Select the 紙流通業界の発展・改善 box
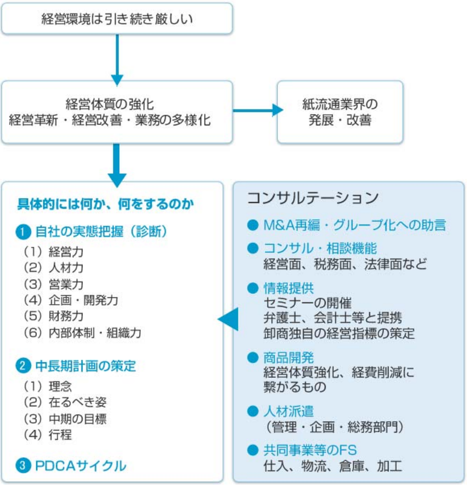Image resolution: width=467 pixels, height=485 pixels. (x=340, y=112)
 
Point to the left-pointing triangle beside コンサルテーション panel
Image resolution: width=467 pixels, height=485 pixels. (x=228, y=319)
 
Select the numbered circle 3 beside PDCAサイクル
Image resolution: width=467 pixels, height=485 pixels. (x=24, y=465)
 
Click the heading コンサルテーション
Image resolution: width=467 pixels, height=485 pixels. (x=312, y=197)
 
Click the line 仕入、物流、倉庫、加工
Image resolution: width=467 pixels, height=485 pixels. (x=332, y=465)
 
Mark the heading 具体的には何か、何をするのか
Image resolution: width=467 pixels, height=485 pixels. (x=105, y=203)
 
